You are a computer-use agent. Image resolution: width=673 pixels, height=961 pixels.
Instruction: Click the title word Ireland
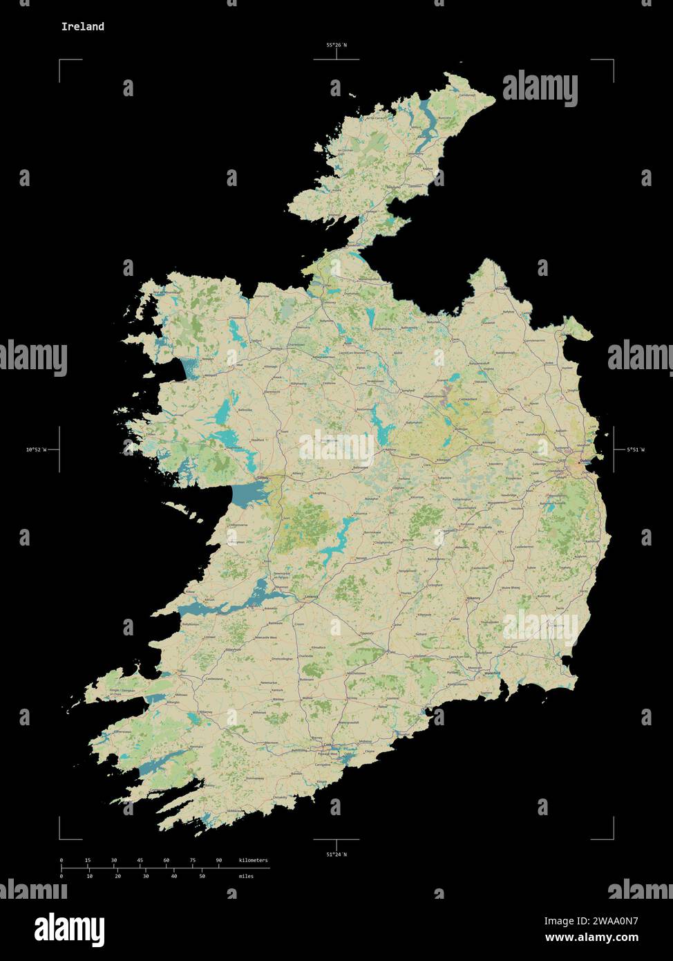pyautogui.click(x=82, y=27)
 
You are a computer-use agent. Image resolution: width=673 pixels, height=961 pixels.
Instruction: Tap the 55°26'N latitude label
pyautogui.click(x=336, y=46)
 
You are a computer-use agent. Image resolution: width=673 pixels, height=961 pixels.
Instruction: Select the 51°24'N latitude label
pyautogui.click(x=336, y=854)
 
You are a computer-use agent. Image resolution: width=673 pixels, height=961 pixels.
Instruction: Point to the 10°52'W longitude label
pyautogui.click(x=36, y=450)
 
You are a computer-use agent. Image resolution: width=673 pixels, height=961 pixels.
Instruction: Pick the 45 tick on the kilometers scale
pyautogui.click(x=140, y=860)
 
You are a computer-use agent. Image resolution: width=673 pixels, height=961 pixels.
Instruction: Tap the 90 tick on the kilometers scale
pyautogui.click(x=219, y=860)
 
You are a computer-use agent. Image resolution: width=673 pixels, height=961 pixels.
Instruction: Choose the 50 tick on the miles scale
pyautogui.click(x=202, y=876)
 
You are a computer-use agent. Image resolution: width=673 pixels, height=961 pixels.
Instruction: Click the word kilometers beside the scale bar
pyautogui.click(x=253, y=860)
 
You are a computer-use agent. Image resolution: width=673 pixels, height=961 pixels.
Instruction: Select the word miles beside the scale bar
pyautogui.click(x=245, y=876)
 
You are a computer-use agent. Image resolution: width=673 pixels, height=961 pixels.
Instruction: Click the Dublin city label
pyautogui.click(x=585, y=461)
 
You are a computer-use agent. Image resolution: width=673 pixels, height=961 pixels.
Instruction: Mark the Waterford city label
pyautogui.click(x=492, y=673)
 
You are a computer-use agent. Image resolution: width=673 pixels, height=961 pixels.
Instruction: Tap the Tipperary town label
pyautogui.click(x=366, y=633)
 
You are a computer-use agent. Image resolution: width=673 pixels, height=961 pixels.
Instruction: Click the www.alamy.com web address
pyautogui.click(x=591, y=938)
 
